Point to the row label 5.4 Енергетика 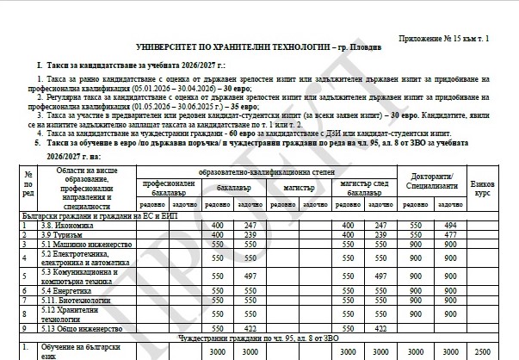(68, 292)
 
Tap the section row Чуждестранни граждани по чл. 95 (258, 338)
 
